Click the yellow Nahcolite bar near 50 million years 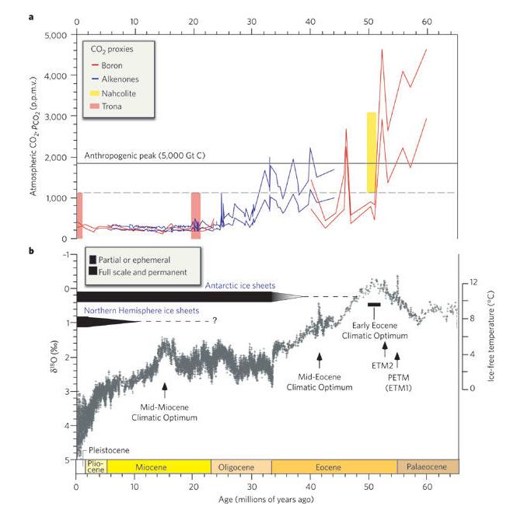click(372, 152)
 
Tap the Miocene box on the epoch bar click(159, 466)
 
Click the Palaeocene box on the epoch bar click(428, 466)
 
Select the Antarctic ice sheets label click(242, 285)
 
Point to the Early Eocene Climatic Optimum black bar click(374, 304)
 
